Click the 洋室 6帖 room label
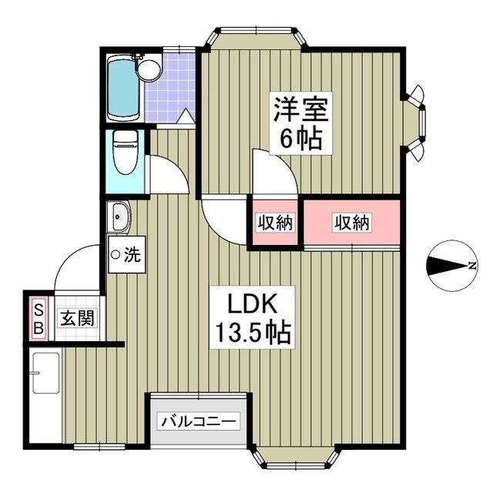300,123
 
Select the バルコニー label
200,421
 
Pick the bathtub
122,88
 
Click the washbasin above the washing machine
120,216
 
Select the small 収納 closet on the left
275,223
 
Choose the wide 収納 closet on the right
352,223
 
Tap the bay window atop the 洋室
255,38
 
